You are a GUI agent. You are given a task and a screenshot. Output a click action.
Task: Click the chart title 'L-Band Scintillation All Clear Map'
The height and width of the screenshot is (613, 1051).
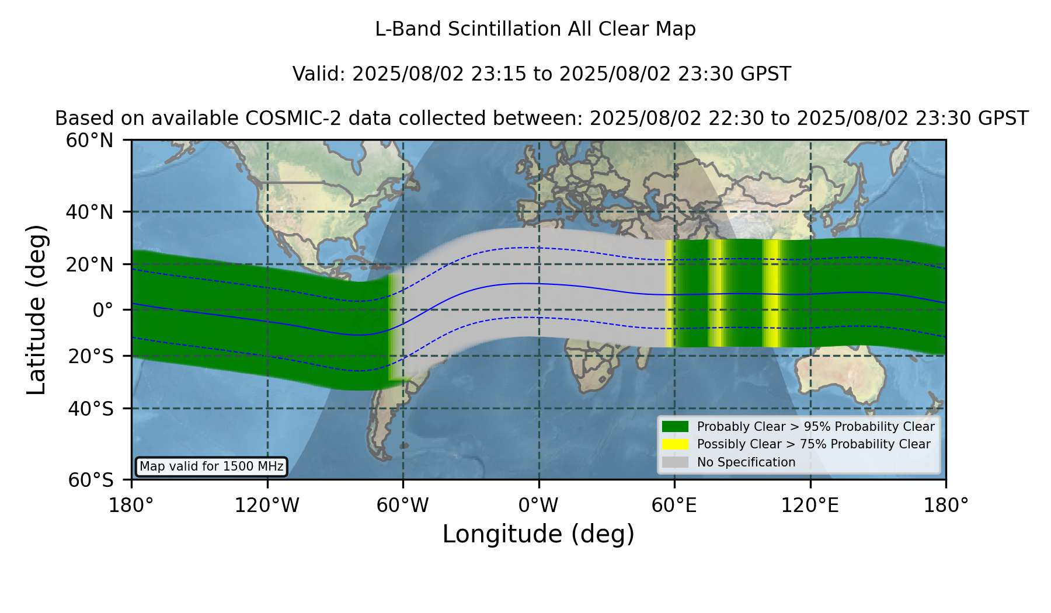(535, 29)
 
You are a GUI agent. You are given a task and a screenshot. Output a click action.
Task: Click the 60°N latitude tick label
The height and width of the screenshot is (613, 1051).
(90, 140)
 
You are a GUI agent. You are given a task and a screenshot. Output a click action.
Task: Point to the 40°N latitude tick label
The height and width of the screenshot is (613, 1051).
(90, 212)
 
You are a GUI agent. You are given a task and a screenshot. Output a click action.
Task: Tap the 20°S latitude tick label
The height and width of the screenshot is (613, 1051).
(91, 356)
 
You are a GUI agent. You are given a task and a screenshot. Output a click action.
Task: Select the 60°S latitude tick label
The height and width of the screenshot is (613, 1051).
(91, 480)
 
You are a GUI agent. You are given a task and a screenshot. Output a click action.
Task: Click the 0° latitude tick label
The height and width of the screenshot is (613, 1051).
(103, 310)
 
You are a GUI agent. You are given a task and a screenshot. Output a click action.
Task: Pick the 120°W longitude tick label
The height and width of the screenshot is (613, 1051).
(267, 506)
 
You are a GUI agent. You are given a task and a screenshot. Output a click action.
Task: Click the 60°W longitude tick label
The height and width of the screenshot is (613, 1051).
(403, 506)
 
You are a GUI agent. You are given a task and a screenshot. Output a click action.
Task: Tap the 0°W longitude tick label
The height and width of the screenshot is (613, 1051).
(538, 506)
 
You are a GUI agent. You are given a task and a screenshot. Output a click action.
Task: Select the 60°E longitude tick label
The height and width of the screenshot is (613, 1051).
(674, 506)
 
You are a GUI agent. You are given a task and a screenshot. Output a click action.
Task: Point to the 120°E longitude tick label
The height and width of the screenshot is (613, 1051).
(810, 506)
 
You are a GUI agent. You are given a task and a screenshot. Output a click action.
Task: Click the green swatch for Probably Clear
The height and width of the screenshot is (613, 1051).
(675, 426)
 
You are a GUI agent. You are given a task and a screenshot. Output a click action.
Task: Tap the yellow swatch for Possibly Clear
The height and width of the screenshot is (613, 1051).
(675, 444)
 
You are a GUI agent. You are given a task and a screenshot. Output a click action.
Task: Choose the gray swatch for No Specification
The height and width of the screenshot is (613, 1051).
(675, 462)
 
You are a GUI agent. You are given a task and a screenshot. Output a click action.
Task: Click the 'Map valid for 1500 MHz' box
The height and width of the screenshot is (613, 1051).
(211, 466)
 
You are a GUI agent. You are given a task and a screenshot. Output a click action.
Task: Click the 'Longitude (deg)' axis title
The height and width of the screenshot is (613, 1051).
(538, 534)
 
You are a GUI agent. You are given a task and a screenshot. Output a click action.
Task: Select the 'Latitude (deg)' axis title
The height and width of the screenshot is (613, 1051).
(36, 309)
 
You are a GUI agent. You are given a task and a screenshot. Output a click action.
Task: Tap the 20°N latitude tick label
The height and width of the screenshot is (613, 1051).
(90, 264)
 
